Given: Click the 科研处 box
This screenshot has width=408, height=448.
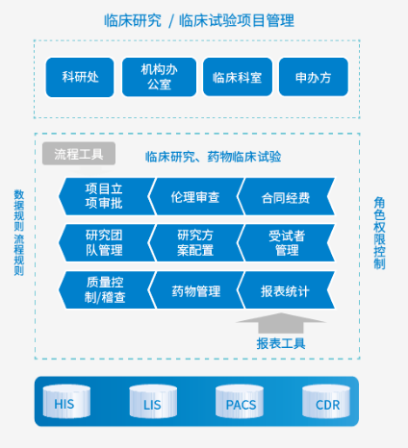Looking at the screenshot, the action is click(80, 77).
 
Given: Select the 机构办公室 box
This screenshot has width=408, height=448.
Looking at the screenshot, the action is click(159, 77).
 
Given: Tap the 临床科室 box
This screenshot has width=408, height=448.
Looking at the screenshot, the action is click(238, 77).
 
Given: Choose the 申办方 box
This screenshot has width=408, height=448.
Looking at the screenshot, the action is click(314, 77).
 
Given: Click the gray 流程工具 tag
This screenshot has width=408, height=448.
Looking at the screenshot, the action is click(79, 154).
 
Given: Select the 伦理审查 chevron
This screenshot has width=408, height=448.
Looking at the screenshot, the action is click(195, 196).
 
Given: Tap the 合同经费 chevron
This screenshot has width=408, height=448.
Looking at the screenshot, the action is click(286, 196).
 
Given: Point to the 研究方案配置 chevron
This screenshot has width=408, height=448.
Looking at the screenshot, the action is click(195, 243).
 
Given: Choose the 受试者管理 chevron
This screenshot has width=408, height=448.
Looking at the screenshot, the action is click(286, 243).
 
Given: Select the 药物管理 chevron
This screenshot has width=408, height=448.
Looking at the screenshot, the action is click(195, 290).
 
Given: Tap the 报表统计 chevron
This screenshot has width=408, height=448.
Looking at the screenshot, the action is click(286, 290).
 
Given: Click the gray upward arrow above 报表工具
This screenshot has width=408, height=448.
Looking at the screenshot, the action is click(281, 322).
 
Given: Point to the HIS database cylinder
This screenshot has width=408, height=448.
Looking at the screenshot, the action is click(66, 402).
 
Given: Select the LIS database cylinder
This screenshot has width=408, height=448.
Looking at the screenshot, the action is click(153, 402).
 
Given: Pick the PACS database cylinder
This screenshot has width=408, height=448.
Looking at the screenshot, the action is click(240, 402).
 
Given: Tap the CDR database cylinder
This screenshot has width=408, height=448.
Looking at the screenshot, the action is click(326, 402).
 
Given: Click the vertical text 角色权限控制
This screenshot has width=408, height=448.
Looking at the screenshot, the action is click(379, 233).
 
